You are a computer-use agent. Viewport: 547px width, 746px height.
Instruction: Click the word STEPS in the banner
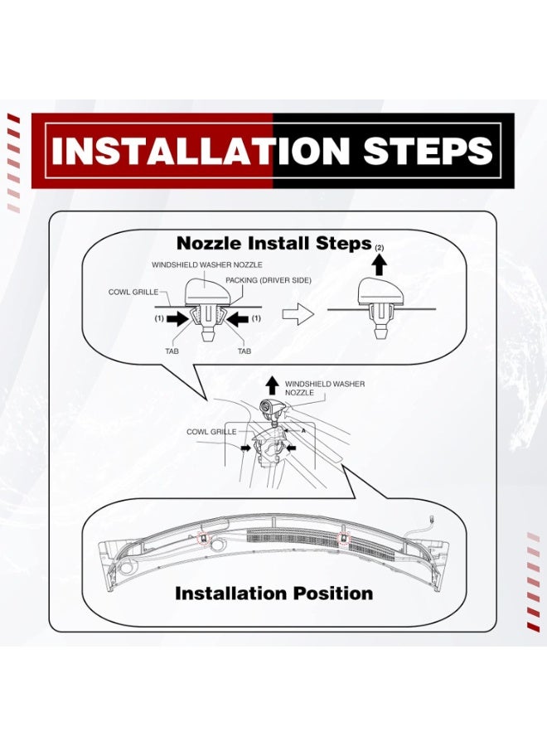(x=427, y=151)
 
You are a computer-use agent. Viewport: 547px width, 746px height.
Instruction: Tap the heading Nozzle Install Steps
(x=274, y=243)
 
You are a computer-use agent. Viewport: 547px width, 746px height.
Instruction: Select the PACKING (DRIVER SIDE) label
(x=269, y=280)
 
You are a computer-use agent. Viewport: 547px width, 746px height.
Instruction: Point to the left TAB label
(x=172, y=351)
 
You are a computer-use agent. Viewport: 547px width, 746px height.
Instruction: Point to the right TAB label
(x=244, y=351)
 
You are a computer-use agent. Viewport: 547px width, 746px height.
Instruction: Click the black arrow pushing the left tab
(x=178, y=319)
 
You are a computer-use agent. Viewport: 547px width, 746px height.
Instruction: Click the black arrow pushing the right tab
(x=237, y=319)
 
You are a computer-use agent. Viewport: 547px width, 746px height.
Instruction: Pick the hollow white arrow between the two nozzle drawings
(x=298, y=315)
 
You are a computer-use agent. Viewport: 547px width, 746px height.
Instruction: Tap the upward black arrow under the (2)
(x=379, y=264)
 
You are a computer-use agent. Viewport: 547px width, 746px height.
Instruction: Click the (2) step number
(x=379, y=247)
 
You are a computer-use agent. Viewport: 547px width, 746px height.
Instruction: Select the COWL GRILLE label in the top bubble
(x=133, y=292)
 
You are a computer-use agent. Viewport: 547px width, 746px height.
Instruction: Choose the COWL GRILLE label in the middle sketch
(x=211, y=432)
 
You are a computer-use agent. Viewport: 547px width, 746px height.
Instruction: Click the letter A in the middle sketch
(x=303, y=430)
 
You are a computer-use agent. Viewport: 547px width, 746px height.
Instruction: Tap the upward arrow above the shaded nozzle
(x=272, y=385)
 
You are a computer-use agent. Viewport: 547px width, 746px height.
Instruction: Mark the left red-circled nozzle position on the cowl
(x=204, y=538)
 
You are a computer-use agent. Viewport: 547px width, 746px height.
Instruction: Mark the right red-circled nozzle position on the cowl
(x=343, y=539)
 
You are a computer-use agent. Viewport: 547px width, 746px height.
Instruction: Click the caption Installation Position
(x=274, y=593)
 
